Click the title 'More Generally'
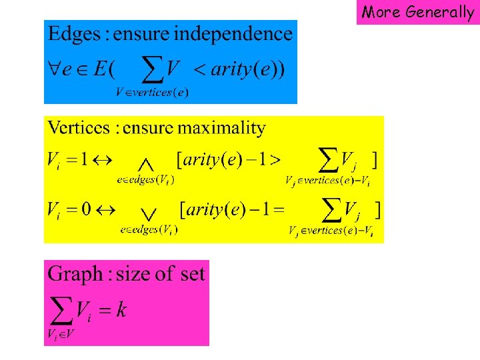click(418, 12)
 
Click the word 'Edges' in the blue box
click(71, 33)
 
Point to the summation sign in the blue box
click(154, 67)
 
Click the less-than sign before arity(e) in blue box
click(197, 69)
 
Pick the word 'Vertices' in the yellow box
click(77, 128)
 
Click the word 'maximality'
click(230, 128)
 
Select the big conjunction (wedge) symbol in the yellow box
click(147, 163)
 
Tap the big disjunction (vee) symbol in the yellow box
click(149, 213)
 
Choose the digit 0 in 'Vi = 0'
click(86, 209)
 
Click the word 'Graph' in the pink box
click(75, 274)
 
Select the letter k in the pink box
click(121, 309)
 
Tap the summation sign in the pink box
click(60, 309)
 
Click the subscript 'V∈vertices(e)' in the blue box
click(152, 93)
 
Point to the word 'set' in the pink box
click(190, 273)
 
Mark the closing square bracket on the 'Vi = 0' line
click(378, 210)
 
